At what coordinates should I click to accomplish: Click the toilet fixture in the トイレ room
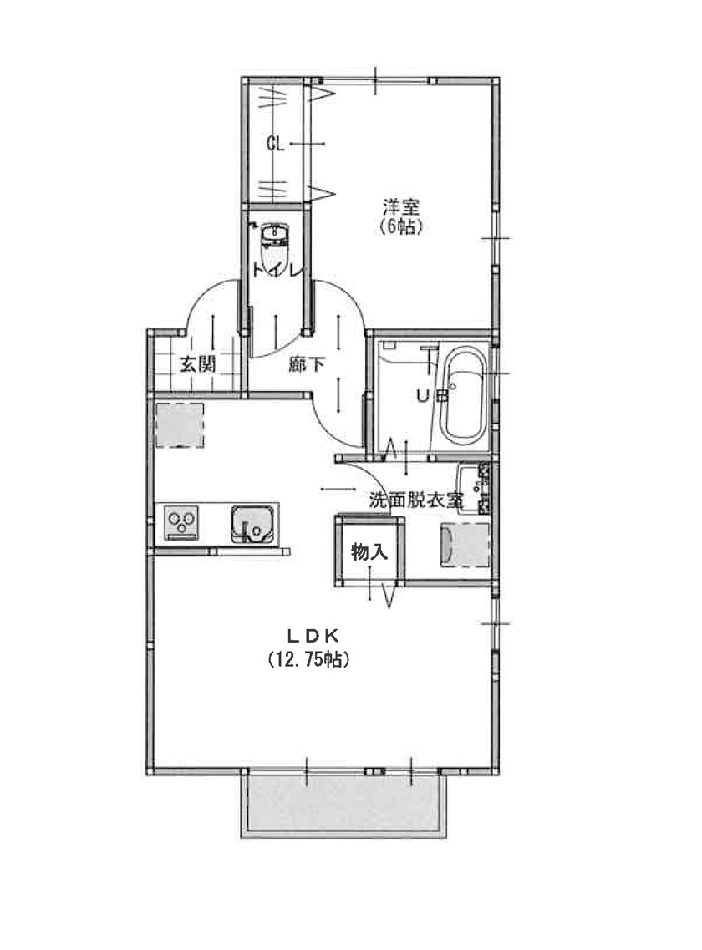[x=275, y=246]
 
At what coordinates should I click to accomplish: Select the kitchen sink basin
[x=252, y=525]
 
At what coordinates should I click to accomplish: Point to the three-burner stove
[x=182, y=523]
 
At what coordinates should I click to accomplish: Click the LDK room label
[x=313, y=636]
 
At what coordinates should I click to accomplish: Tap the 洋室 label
[x=401, y=208]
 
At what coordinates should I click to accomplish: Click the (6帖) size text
[x=401, y=227]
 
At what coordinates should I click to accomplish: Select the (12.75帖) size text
[x=308, y=659]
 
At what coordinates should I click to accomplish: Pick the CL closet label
[x=275, y=145]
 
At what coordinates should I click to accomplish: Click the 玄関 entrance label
[x=197, y=365]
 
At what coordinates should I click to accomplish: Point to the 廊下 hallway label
[x=306, y=364]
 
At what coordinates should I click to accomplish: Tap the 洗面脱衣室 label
[x=416, y=500]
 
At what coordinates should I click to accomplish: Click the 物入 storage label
[x=369, y=552]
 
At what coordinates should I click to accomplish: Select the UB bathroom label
[x=432, y=396]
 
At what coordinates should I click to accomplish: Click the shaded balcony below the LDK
[x=343, y=804]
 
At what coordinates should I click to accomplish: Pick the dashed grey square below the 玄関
[x=180, y=424]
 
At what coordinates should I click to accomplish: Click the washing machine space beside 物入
[x=465, y=546]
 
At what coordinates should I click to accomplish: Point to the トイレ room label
[x=277, y=270]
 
